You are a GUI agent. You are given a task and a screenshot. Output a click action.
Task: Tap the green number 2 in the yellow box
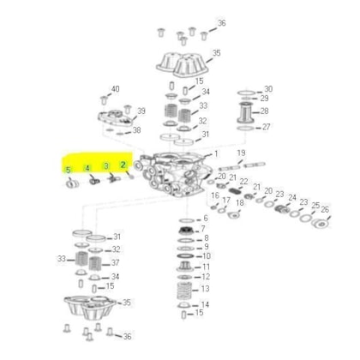[x=123, y=165]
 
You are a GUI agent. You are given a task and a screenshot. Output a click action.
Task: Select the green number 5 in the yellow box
[x=68, y=171]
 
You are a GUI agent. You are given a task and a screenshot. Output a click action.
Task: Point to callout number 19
[x=242, y=153]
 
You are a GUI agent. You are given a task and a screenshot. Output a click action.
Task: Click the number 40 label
[x=116, y=89]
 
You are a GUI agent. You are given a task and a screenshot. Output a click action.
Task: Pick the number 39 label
[x=142, y=111]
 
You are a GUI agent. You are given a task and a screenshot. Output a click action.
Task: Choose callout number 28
[x=266, y=111]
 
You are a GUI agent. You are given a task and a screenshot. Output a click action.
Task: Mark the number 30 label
[x=267, y=89]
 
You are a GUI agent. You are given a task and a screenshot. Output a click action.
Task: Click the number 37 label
[x=116, y=262]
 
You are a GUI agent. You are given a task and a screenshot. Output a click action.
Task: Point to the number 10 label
[x=205, y=256]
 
